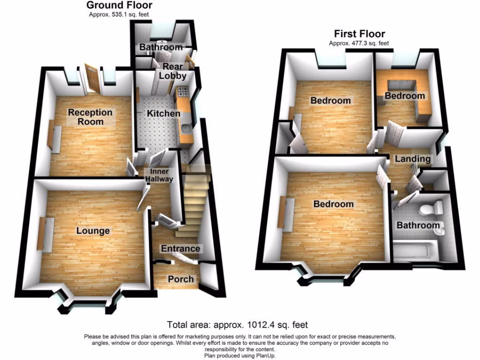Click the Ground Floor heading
tap(120, 6)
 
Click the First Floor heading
tap(359, 34)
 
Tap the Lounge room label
tap(93, 231)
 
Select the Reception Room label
tap(90, 117)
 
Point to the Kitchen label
tap(163, 113)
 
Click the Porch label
tap(180, 279)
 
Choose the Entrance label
tap(180, 248)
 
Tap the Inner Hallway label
tap(159, 175)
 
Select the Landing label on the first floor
tap(412, 158)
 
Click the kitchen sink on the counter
tap(187, 127)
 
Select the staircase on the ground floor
tap(193, 206)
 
